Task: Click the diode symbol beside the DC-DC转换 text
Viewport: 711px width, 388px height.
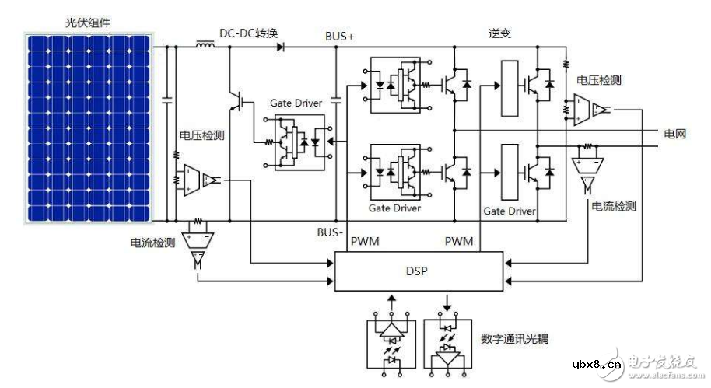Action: pyautogui.click(x=279, y=47)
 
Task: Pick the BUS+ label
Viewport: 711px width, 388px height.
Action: pyautogui.click(x=339, y=36)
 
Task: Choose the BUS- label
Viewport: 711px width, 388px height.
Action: pyautogui.click(x=330, y=232)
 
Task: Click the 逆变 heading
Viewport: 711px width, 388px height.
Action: pyautogui.click(x=500, y=33)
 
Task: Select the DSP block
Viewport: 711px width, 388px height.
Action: pyautogui.click(x=420, y=271)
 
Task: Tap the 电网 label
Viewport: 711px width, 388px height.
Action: pyautogui.click(x=675, y=135)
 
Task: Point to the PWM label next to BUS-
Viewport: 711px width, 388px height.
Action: pyautogui.click(x=365, y=241)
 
